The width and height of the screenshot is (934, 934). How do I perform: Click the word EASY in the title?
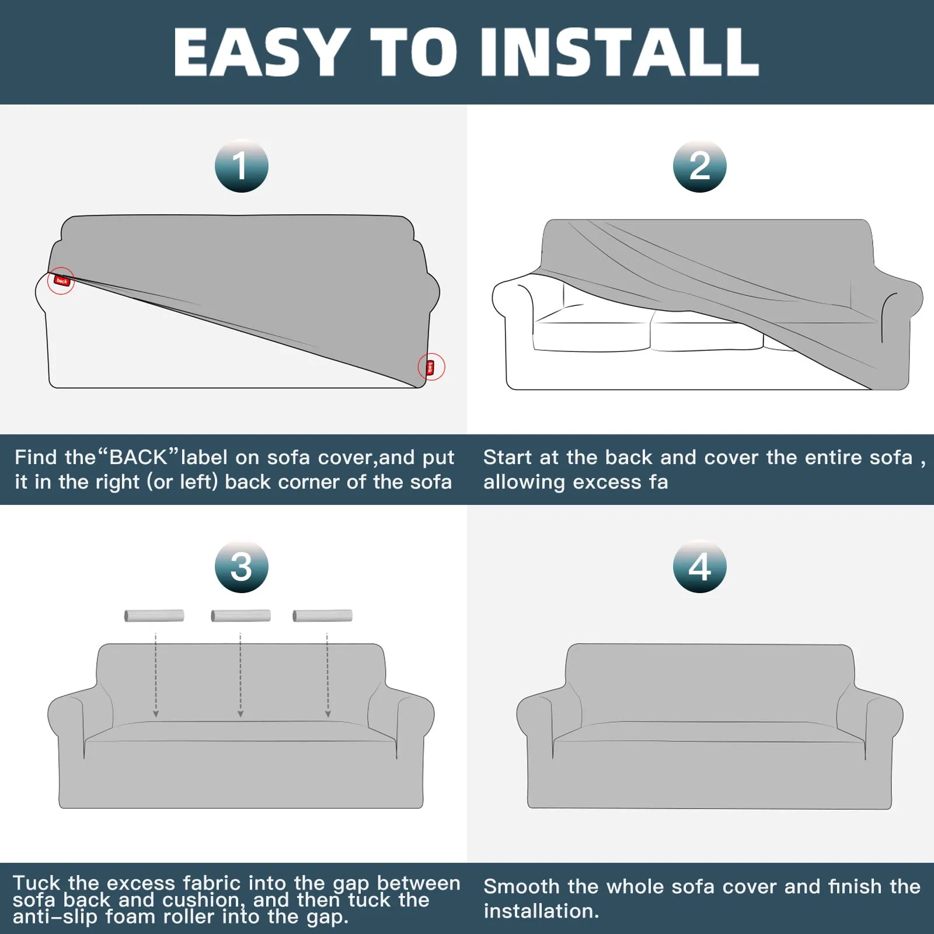pos(261,52)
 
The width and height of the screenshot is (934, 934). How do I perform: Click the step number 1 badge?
pos(242,166)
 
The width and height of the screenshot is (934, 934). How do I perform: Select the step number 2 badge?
pos(700,166)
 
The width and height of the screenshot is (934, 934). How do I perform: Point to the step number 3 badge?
pos(242,566)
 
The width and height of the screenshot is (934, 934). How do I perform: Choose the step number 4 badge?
pos(700,566)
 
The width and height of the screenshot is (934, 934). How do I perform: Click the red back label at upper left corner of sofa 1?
pos(61,281)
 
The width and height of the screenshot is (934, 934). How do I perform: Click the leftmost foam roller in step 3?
pos(154,616)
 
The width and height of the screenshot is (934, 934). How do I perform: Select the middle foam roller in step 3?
pos(241,616)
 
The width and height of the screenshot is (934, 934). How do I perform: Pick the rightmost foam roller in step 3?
pos(323,616)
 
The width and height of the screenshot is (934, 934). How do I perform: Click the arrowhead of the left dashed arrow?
pos(156,714)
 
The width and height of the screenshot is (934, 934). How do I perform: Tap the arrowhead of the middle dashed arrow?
pos(241,714)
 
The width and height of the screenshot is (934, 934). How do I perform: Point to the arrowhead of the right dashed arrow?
pos(328,714)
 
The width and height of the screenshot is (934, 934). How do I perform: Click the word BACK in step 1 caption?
pos(138,458)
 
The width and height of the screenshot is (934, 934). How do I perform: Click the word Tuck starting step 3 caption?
pos(36,883)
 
